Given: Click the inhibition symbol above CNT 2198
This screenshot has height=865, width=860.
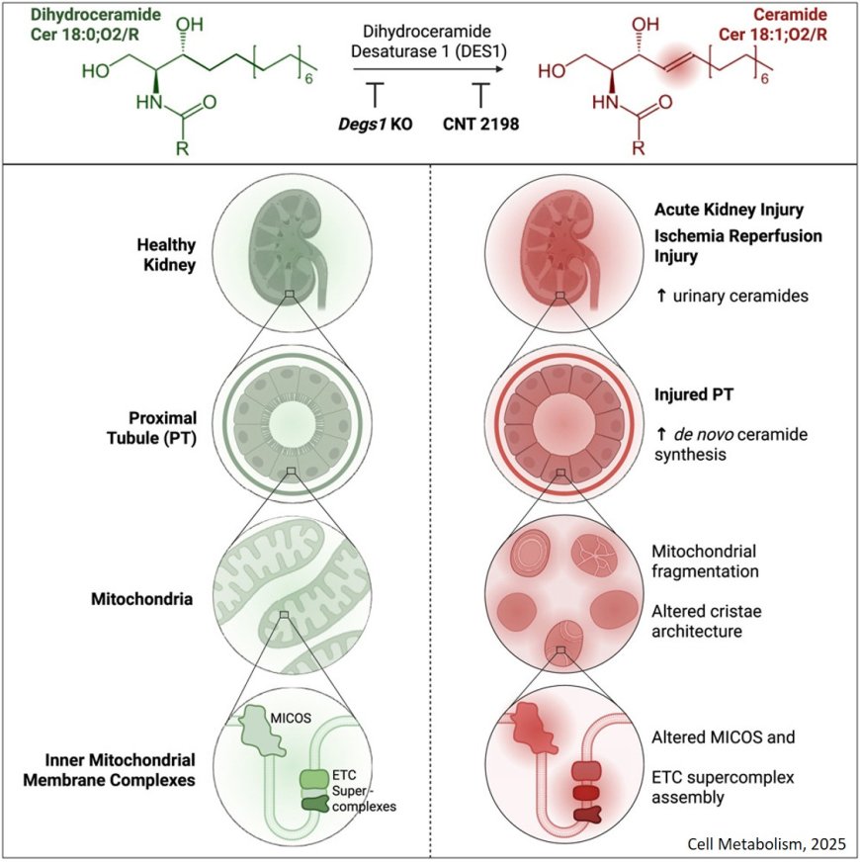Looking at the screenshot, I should click(481, 95).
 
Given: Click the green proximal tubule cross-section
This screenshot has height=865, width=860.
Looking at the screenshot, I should click(286, 410).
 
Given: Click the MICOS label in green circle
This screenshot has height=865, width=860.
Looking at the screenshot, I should click(285, 713).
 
